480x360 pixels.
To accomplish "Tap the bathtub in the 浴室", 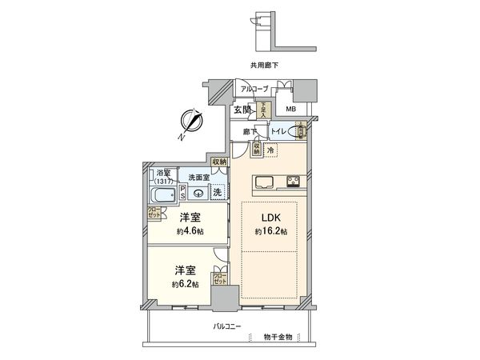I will tap(164, 195).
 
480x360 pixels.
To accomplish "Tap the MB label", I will tap(291, 110).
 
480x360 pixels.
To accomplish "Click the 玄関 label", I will tap(243, 110).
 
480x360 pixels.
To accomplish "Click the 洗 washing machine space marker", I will tap(216, 192).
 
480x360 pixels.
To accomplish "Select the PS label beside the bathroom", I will tap(182, 192).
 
